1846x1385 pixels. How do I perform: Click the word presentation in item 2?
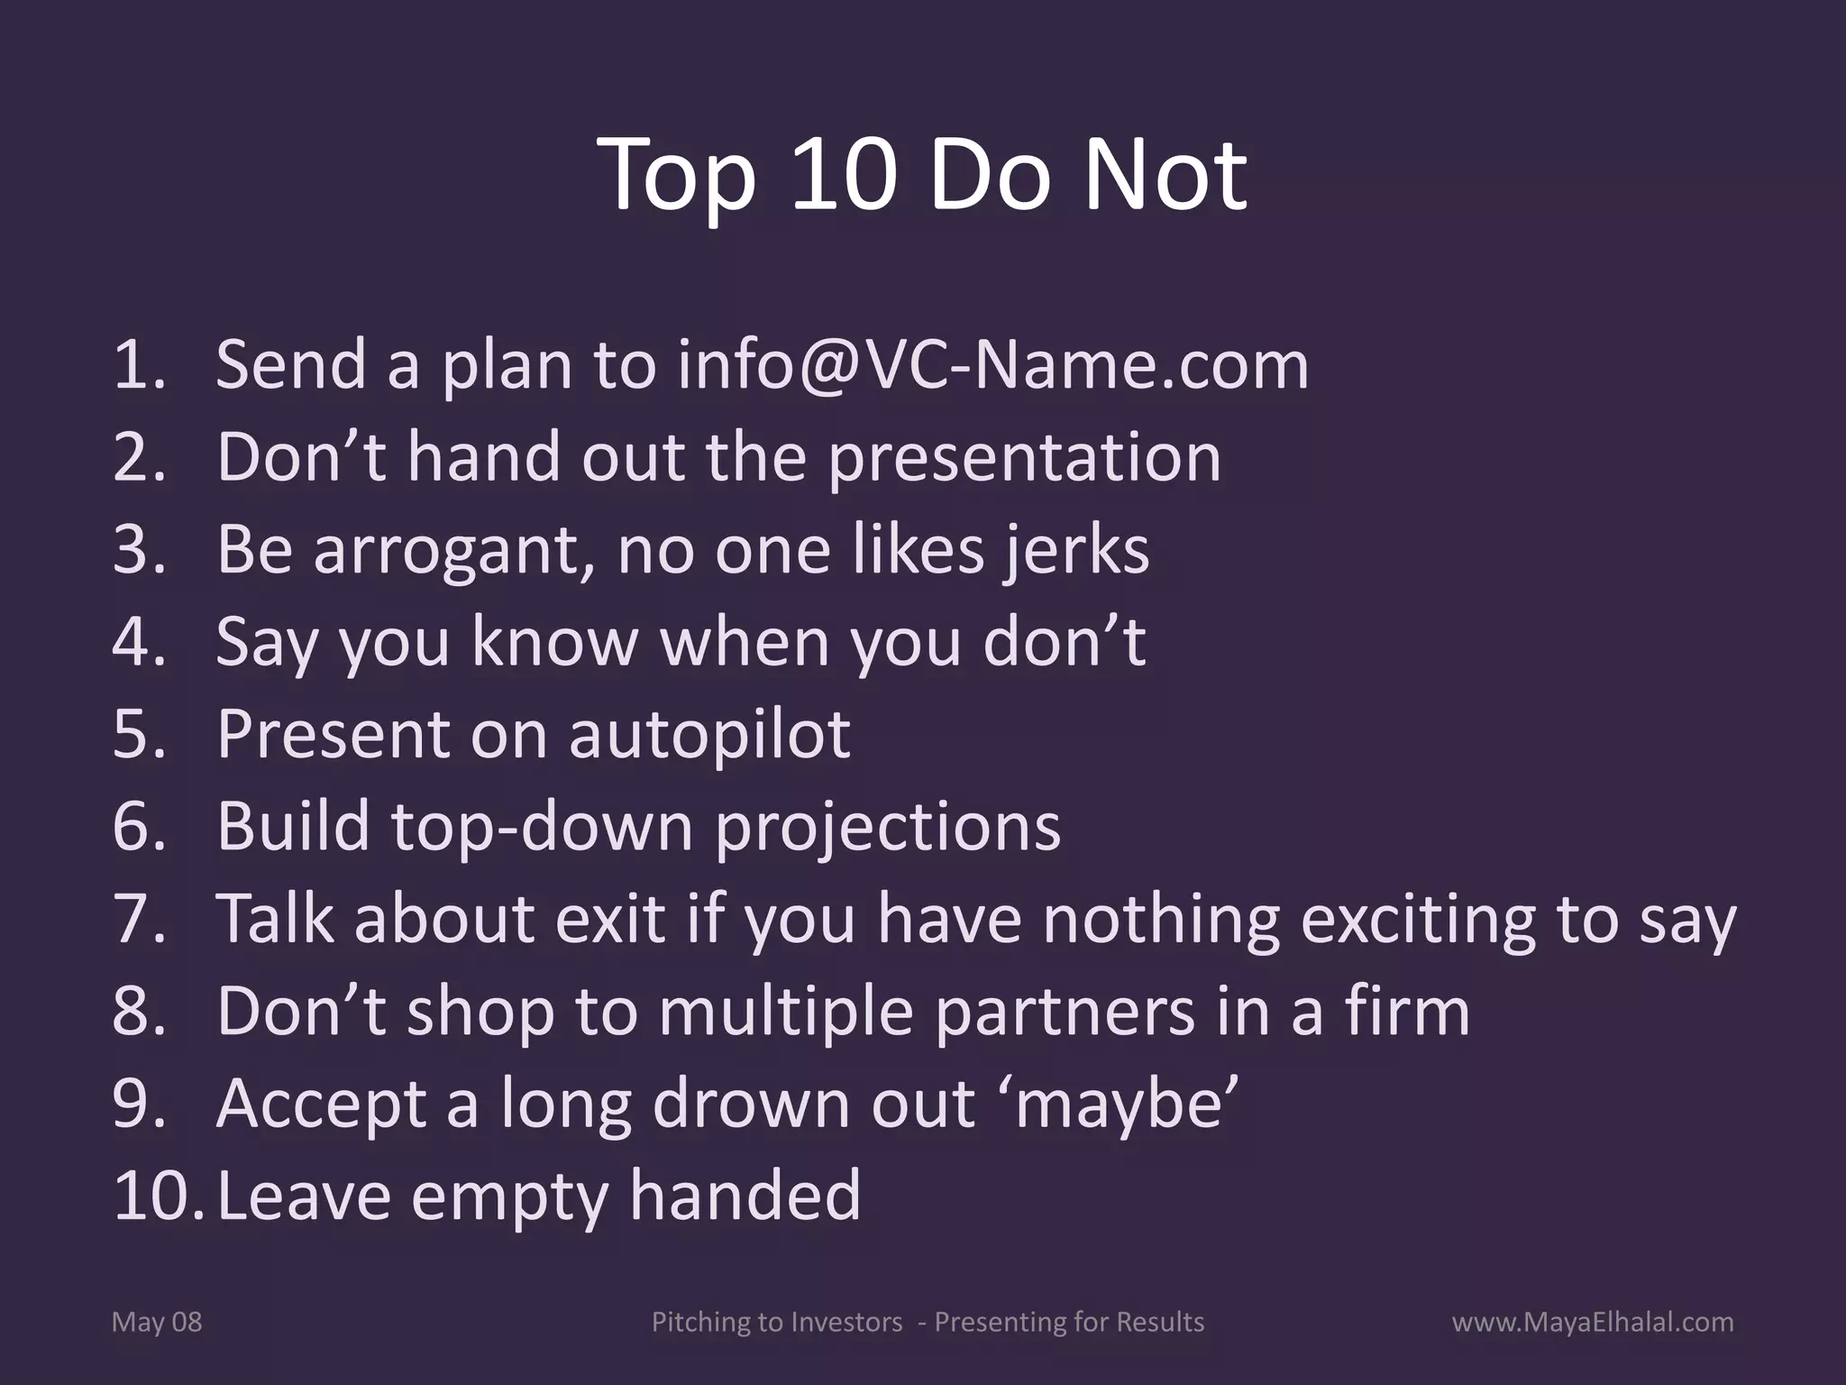coord(1024,457)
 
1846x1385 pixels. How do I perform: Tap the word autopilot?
coord(708,734)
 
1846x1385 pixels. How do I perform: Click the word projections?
coord(887,827)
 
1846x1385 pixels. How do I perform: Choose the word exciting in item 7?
coord(1419,921)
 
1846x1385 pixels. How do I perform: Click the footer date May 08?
coord(157,1323)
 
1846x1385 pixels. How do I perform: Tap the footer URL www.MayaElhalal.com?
coord(1593,1323)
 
